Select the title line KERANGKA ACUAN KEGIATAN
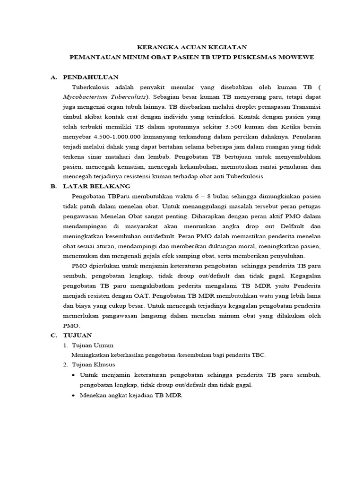point(191,47)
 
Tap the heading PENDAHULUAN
point(91,77)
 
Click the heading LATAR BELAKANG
point(97,186)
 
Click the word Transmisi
point(305,107)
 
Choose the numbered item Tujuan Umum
point(93,345)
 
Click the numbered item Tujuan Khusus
point(94,365)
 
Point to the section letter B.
point(53,186)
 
